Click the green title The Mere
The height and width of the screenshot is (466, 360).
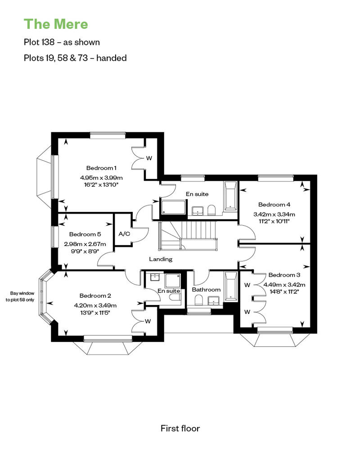click(x=56, y=24)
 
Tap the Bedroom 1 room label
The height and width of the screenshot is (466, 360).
click(x=101, y=168)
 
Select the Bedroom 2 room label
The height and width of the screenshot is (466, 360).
click(x=95, y=296)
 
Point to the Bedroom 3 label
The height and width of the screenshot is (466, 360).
click(x=284, y=275)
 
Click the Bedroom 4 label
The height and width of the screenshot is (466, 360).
click(x=274, y=205)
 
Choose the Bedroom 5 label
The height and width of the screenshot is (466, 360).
click(x=85, y=234)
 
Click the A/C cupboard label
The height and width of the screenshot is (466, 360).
click(x=124, y=234)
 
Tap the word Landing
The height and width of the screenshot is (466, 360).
click(x=161, y=259)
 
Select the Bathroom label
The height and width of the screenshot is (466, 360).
click(x=206, y=290)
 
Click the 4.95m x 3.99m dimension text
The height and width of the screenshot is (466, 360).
click(x=101, y=178)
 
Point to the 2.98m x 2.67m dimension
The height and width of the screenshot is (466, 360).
click(x=85, y=244)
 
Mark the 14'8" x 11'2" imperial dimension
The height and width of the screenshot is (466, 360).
click(x=284, y=292)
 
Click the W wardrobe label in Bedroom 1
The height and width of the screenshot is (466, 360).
click(x=149, y=158)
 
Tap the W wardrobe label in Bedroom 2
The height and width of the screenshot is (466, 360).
click(x=148, y=321)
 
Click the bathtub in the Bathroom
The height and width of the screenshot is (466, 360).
click(x=231, y=285)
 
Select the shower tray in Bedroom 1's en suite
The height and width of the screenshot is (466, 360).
click(x=174, y=207)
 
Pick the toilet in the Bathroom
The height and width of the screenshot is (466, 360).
click(x=198, y=300)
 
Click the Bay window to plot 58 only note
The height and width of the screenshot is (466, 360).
click(x=20, y=296)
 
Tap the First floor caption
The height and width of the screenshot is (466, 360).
click(x=180, y=428)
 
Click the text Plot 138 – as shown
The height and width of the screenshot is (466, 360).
click(x=62, y=42)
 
